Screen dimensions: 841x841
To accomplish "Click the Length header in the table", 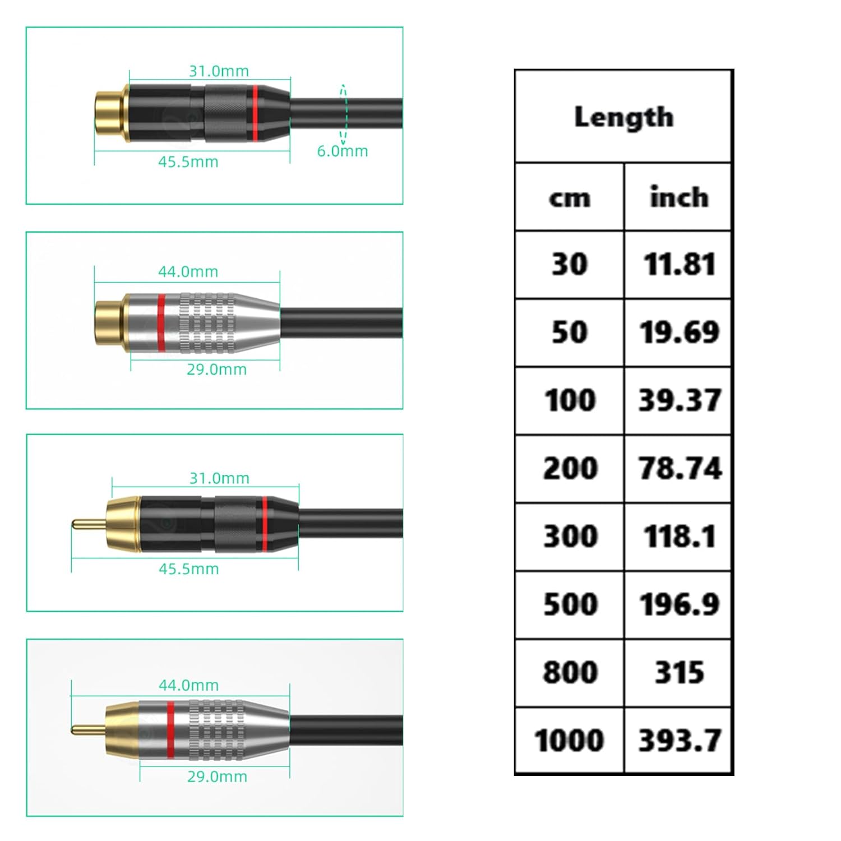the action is (x=623, y=117).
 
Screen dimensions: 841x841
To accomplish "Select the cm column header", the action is (x=569, y=198).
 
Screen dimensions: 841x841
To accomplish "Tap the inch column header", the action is (x=678, y=197).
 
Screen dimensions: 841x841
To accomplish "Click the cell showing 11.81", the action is (x=679, y=265).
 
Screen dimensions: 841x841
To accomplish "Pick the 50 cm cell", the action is (x=569, y=332).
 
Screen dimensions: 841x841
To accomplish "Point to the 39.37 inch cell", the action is (x=679, y=400).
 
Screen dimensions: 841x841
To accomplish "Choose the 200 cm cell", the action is (x=570, y=468).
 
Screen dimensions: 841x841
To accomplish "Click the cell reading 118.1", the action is (x=679, y=537).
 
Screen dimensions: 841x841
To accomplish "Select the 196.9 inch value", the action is (x=679, y=604).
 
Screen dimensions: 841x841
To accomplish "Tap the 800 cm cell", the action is (x=570, y=672).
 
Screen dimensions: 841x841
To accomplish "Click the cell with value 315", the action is (x=679, y=672).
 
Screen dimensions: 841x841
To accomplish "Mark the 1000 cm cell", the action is (x=569, y=740).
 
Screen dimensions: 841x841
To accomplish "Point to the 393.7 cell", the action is (x=679, y=740).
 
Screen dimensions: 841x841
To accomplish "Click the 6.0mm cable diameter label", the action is (x=342, y=151).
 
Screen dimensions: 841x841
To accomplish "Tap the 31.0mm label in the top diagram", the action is (x=219, y=71).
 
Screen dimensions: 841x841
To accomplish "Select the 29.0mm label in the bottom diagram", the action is (x=217, y=777).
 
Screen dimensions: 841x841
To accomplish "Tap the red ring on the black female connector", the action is (x=255, y=112).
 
